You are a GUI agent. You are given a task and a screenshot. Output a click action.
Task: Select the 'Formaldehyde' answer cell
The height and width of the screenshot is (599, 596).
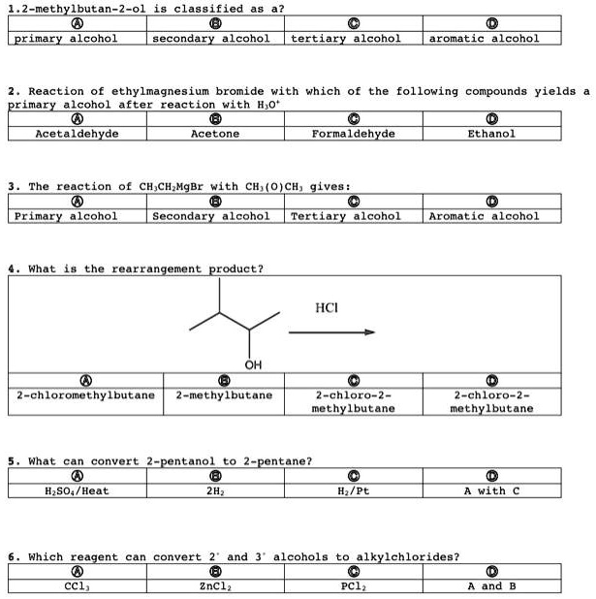[x=353, y=134]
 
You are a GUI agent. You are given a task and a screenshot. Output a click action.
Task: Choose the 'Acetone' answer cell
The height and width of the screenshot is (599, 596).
[x=214, y=134]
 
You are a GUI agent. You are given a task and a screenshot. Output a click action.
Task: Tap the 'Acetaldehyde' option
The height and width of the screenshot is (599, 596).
[x=77, y=134]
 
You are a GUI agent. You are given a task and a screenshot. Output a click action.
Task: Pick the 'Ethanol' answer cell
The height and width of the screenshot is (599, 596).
[x=491, y=134]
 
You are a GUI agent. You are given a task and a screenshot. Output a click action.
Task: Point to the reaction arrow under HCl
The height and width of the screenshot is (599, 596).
[x=330, y=332]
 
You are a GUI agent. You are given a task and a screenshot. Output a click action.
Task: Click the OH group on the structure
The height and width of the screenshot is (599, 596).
[x=253, y=364]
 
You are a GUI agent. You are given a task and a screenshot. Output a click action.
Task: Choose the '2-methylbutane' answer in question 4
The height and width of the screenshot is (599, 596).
[x=224, y=395]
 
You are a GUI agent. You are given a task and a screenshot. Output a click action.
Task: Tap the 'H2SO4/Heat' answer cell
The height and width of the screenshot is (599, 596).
[x=77, y=490]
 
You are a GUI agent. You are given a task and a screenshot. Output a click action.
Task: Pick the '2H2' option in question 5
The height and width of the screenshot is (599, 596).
[x=214, y=490]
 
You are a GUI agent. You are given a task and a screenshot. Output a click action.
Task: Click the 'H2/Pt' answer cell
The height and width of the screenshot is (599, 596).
[x=353, y=490]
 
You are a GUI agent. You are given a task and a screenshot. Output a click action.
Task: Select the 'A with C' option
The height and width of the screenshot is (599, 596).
[x=491, y=490]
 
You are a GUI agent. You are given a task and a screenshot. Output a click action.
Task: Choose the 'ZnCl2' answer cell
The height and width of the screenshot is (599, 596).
[x=214, y=585]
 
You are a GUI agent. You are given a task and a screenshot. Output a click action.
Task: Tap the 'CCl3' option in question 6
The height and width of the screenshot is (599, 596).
[x=77, y=585]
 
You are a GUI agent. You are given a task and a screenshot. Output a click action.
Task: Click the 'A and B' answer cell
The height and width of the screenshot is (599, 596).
[x=491, y=585]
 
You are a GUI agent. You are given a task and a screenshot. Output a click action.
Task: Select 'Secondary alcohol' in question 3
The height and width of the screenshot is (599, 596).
[x=214, y=216]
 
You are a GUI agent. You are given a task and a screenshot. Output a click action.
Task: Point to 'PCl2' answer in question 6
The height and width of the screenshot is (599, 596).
[x=353, y=585]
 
